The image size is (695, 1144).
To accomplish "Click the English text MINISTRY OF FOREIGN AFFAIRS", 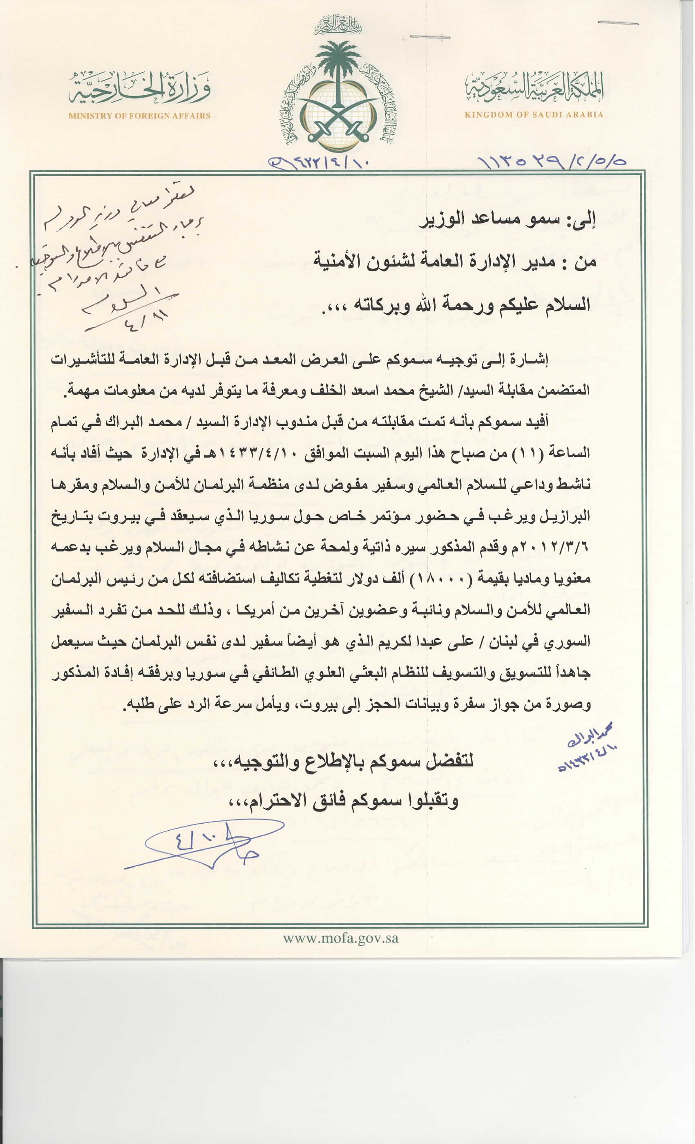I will (x=139, y=116).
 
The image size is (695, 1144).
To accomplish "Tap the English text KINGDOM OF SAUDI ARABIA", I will (x=534, y=115).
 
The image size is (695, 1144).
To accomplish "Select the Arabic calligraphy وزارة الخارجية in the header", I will (x=139, y=88).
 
